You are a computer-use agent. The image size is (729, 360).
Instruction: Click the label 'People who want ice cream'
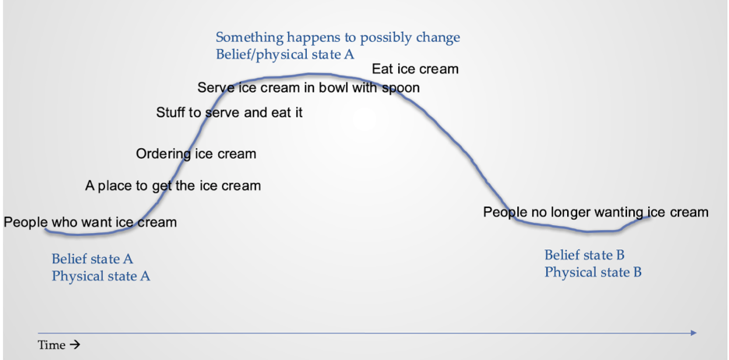tap(90, 222)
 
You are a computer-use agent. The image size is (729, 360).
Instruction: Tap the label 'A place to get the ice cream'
tap(173, 185)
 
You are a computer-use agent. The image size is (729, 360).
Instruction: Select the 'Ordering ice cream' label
tap(195, 154)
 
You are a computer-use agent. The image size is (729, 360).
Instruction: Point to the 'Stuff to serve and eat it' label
tap(229, 112)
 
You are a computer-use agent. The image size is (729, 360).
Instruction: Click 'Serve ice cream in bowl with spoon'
tap(308, 87)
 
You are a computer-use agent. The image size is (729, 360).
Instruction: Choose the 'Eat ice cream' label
tap(415, 69)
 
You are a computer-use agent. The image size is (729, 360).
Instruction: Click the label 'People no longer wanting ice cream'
tap(596, 213)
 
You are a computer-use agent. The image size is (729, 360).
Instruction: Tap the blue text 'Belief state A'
tap(92, 259)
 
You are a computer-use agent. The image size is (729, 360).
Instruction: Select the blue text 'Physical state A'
tap(101, 277)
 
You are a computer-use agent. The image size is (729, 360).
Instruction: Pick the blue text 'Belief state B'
tap(584, 255)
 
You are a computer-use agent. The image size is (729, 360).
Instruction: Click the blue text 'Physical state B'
tap(593, 272)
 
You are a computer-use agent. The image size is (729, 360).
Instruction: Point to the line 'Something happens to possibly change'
tap(337, 37)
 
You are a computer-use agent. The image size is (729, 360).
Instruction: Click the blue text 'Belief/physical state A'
tap(284, 55)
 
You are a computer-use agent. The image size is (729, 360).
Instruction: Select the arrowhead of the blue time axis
tap(694, 333)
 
